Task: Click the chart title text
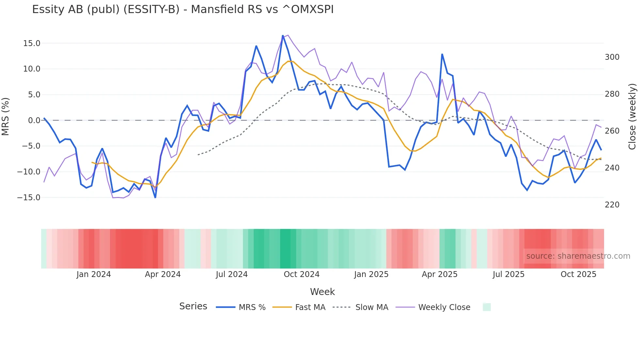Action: tap(183, 9)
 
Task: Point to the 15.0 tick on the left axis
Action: tap(31, 43)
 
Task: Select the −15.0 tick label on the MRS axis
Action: tap(29, 198)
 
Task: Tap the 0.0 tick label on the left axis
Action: tap(34, 121)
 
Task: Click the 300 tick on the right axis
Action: tap(612, 57)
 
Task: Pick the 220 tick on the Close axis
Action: tap(612, 205)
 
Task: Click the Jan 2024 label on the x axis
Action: tap(94, 274)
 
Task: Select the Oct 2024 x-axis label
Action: tap(301, 274)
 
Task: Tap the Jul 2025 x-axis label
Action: tap(508, 274)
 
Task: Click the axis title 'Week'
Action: tap(322, 292)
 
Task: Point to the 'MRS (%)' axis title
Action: tap(6, 116)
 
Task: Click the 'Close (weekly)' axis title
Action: tap(632, 117)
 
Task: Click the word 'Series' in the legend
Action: tap(193, 306)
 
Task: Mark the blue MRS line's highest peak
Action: tap(283, 36)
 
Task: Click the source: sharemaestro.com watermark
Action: tap(578, 256)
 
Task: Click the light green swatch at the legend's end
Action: tap(487, 307)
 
